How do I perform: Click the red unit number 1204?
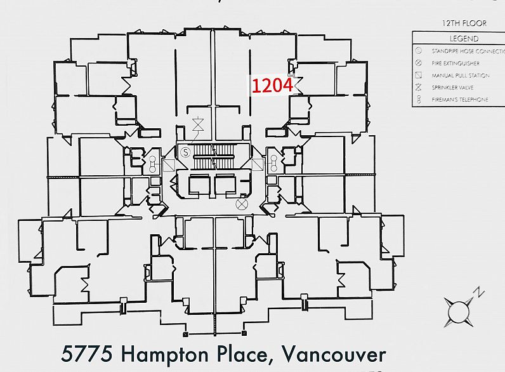(272, 85)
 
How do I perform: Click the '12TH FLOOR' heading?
(464, 23)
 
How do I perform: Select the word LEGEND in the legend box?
(464, 38)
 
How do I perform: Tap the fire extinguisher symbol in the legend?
(419, 63)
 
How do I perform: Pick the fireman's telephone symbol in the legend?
(419, 100)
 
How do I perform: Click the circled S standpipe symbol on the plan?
(185, 152)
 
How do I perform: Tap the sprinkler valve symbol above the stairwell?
(199, 124)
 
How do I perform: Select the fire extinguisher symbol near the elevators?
(241, 204)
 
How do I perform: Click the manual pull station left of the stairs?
(169, 166)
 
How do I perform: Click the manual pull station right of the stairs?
(258, 166)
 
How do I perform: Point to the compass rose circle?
(458, 312)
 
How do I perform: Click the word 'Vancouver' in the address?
(332, 353)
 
